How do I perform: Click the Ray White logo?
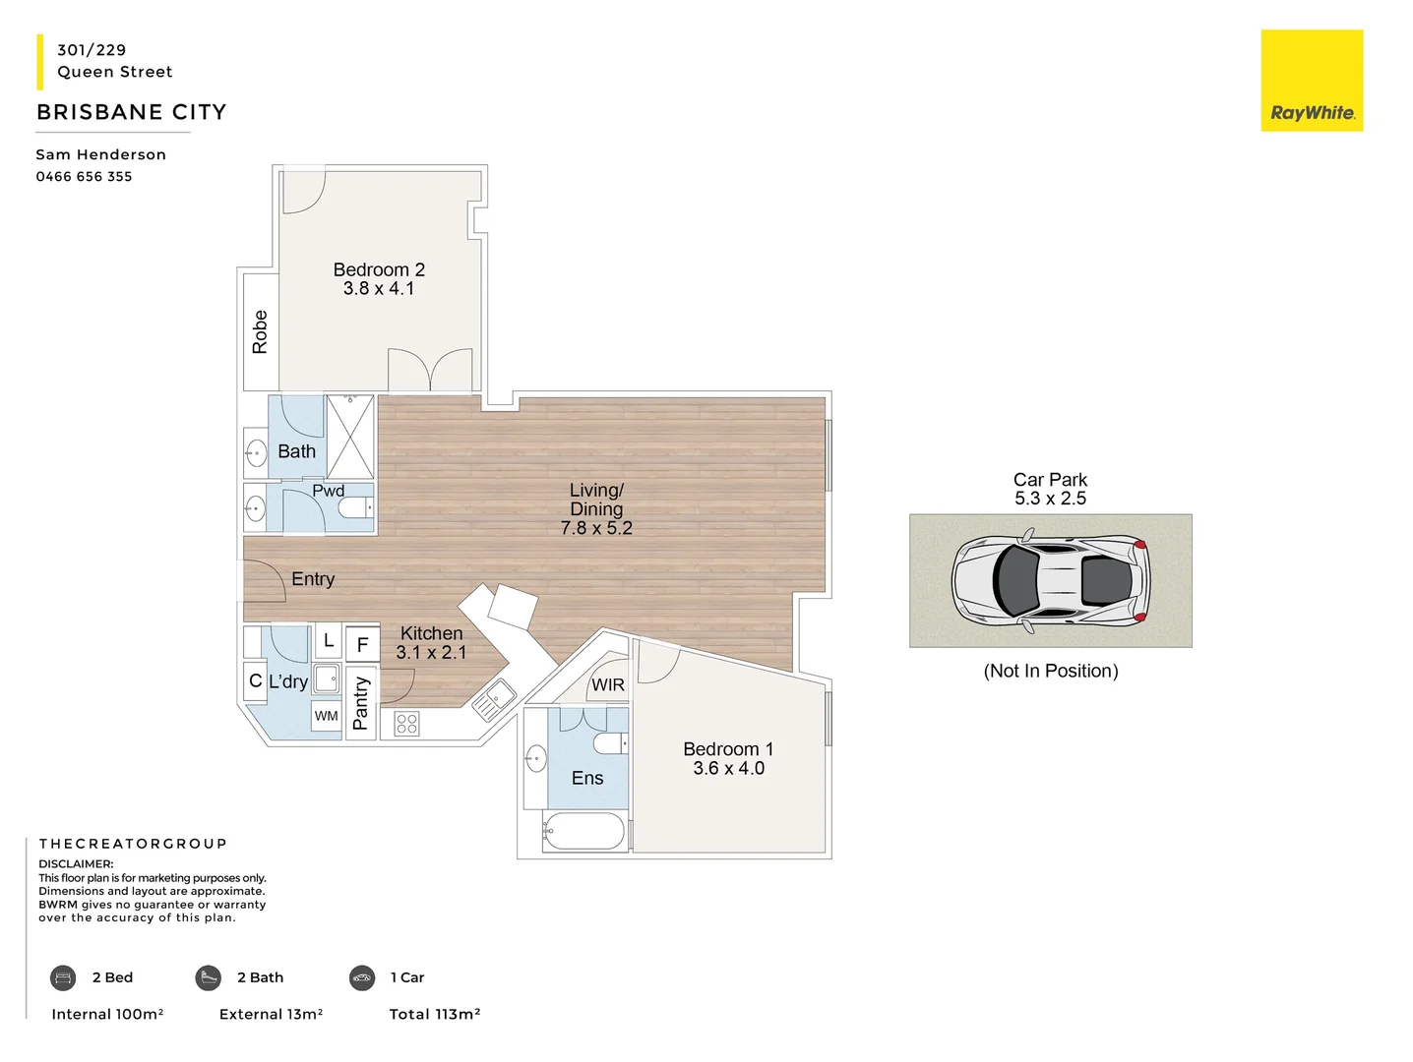(1312, 81)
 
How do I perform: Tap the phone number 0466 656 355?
(84, 177)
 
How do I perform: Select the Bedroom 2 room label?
(379, 269)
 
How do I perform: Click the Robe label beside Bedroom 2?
(260, 332)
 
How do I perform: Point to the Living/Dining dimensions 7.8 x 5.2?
(596, 528)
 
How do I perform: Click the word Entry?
(313, 579)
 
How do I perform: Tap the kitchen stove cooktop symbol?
(406, 725)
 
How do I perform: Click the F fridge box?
(362, 645)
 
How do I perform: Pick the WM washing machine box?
(327, 716)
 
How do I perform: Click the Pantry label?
(360, 703)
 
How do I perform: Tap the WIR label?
(607, 685)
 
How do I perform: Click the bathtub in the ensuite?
(584, 832)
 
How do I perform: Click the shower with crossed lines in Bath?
(350, 437)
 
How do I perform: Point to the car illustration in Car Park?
(1050, 580)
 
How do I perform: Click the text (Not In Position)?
(1050, 672)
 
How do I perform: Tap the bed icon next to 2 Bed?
(63, 977)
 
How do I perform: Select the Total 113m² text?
(434, 1014)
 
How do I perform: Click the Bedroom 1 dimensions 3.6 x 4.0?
(728, 769)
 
